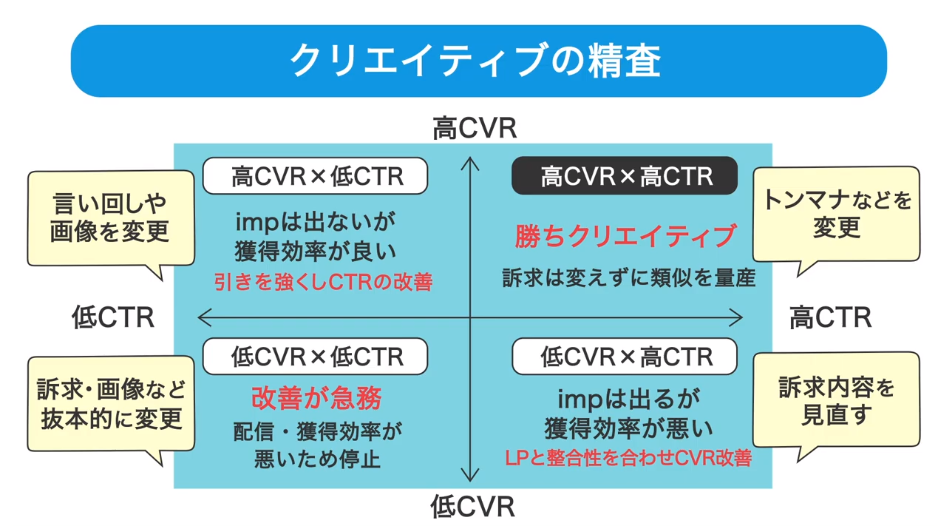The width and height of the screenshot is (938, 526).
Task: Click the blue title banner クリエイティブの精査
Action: click(x=479, y=61)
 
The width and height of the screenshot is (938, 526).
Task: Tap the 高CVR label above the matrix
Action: click(x=475, y=128)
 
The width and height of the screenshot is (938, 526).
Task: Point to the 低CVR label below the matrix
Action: click(x=473, y=507)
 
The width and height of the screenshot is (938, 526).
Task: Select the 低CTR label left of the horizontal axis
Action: click(x=113, y=317)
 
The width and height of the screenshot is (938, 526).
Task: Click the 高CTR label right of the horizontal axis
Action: click(x=830, y=317)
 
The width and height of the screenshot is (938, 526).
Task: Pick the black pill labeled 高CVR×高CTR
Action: click(x=625, y=175)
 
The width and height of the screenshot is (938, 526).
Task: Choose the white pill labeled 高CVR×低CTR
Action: click(x=316, y=175)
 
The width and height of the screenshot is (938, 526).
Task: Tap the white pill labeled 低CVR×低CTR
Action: click(x=316, y=357)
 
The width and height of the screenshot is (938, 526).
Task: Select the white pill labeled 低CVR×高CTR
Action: click(x=625, y=357)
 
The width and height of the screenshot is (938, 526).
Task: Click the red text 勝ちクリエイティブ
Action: click(x=625, y=236)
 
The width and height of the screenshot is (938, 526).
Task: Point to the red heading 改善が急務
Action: click(x=316, y=398)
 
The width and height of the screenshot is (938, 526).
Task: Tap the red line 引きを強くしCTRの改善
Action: click(x=323, y=282)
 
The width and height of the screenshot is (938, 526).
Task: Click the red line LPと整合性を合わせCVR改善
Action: click(x=628, y=458)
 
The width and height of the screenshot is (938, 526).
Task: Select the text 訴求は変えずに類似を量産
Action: click(x=629, y=277)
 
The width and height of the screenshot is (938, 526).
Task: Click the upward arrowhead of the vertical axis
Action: click(x=470, y=159)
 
